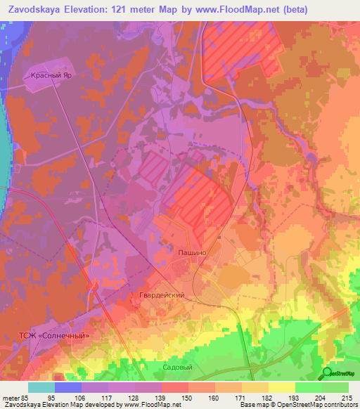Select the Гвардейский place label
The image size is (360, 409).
[x=161, y=296]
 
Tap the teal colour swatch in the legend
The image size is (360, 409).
[x=41, y=387]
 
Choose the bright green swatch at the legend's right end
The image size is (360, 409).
[x=335, y=387]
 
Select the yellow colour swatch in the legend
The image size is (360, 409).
[x=281, y=387]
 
